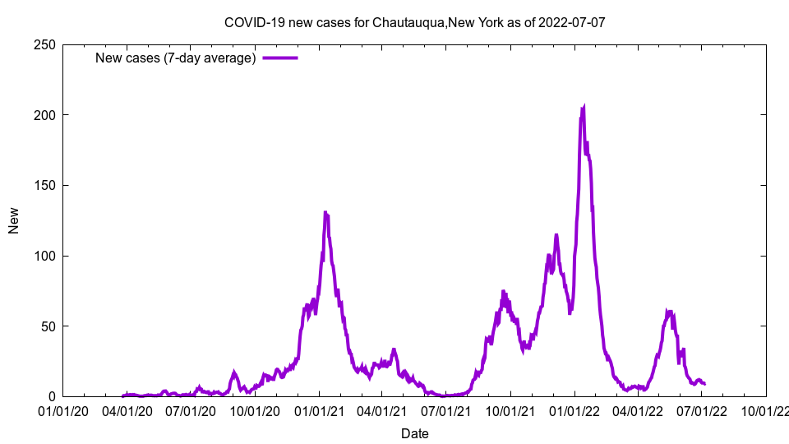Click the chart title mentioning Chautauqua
pos(414,22)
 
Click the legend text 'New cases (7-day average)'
pos(176,58)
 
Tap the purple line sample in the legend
pos(280,58)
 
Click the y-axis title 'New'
pos(14,220)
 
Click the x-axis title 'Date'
pos(414,433)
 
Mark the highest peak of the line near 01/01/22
pos(584,106)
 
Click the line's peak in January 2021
pos(325,212)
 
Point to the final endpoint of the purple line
pos(704,384)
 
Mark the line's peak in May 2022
pos(669,311)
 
